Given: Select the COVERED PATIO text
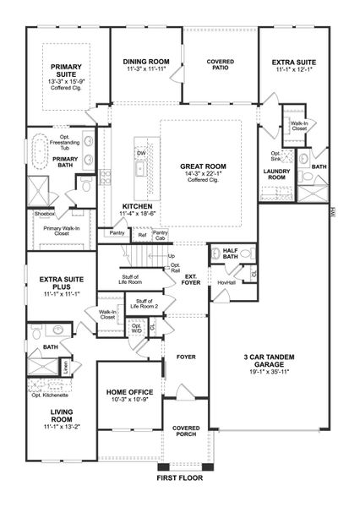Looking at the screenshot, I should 221,67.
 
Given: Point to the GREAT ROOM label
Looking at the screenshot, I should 202,166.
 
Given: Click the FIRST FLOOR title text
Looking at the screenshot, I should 180,477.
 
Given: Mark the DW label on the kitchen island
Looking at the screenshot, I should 141,153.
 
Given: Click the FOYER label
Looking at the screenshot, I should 186,357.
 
